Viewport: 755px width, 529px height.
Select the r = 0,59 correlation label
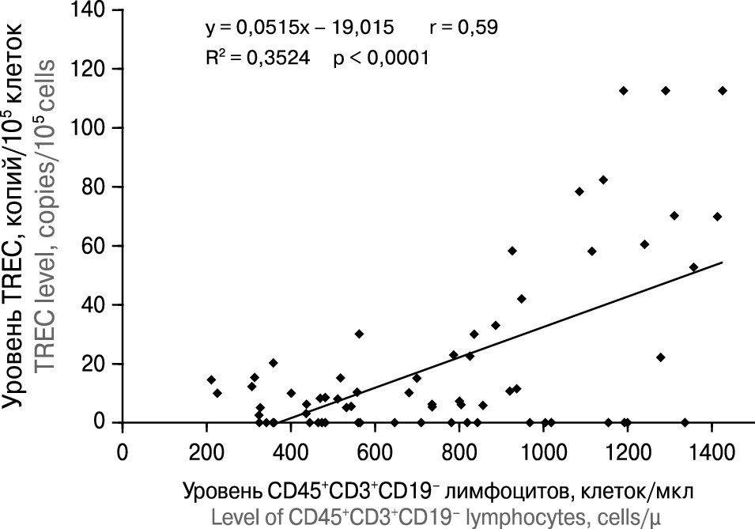pos(463,28)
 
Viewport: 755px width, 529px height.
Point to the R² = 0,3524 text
pos(252,58)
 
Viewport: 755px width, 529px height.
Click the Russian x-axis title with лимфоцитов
pos(438,491)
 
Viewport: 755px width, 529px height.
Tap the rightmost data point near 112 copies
pos(722,91)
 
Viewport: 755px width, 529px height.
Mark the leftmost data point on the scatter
pos(211,380)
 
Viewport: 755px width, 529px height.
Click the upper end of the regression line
pos(722,262)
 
